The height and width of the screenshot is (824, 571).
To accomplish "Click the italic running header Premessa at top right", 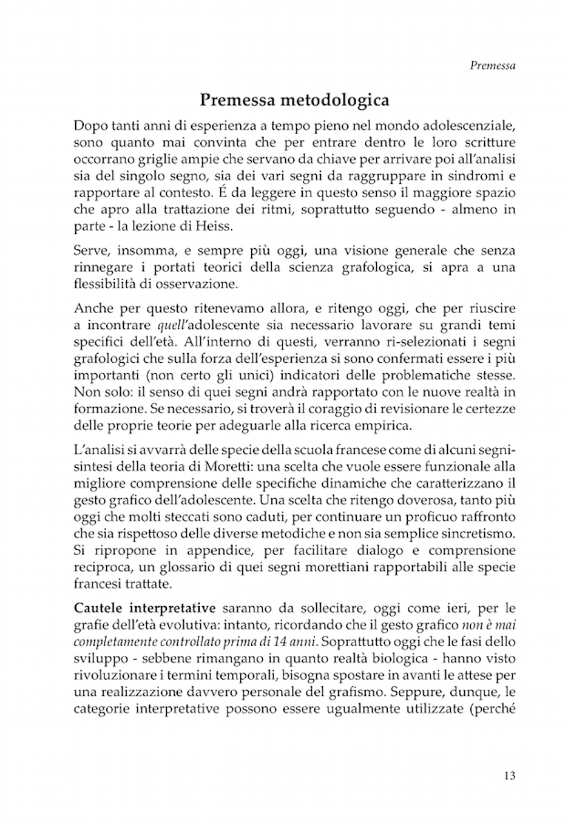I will (x=492, y=66).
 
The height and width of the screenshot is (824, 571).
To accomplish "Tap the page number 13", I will (x=509, y=775).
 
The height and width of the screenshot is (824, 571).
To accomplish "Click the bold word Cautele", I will (x=99, y=607).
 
